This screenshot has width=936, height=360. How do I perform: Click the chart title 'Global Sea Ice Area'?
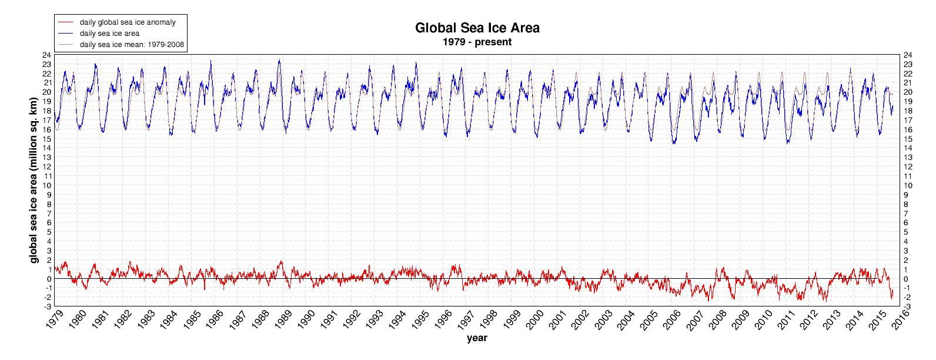[477, 28]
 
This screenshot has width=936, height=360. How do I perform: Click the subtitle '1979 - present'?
[477, 42]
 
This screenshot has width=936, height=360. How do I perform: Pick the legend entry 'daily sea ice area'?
[109, 34]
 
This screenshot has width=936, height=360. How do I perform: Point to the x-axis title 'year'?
[476, 338]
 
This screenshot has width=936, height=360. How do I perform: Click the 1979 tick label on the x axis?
[53, 320]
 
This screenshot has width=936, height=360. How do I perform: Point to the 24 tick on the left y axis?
[46, 55]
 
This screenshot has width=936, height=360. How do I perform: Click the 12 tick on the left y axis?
[46, 166]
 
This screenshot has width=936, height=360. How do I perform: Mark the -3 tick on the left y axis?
[48, 306]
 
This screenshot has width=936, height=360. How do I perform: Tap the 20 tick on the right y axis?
[908, 92]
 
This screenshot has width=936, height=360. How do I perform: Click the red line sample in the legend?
[66, 22]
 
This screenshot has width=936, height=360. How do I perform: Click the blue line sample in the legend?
[66, 34]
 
